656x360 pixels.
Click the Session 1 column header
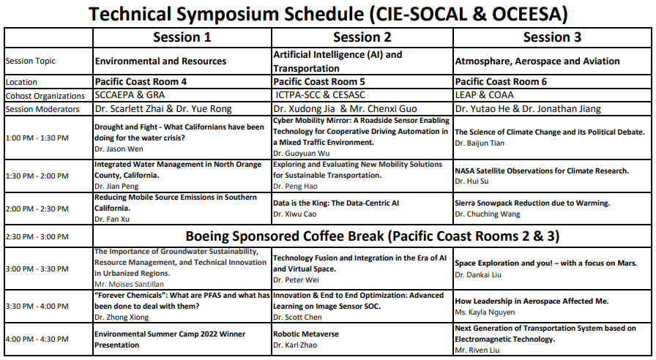click(x=182, y=37)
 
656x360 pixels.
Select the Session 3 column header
click(x=552, y=37)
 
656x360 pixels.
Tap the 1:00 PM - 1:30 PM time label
click(x=37, y=138)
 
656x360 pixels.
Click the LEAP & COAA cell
click(x=484, y=95)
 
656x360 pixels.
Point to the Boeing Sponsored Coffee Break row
click(x=372, y=236)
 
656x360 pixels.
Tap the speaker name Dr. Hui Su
click(x=472, y=181)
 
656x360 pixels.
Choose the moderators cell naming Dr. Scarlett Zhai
click(x=163, y=109)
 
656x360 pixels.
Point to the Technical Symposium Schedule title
click(x=328, y=13)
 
